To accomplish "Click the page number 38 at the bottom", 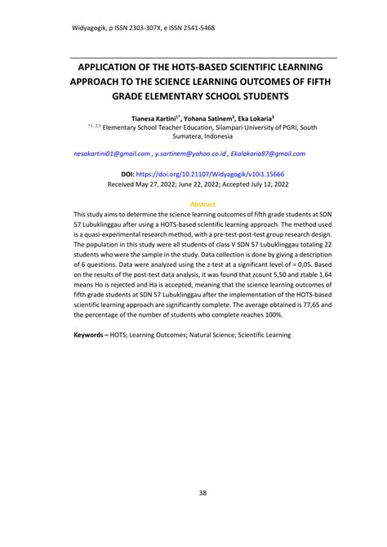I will [193, 492].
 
